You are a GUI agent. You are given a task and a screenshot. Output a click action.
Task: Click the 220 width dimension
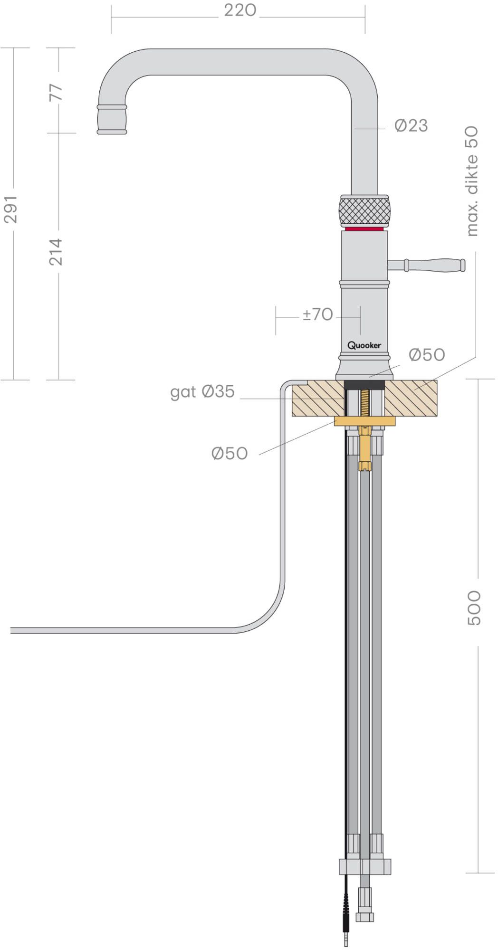(240, 10)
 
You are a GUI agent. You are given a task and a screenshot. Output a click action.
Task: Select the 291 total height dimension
(10, 209)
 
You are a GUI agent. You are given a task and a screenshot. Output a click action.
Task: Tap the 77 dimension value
(56, 92)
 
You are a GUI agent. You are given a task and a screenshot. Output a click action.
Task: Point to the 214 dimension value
(56, 252)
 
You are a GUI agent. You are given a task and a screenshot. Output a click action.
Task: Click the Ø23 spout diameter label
(411, 125)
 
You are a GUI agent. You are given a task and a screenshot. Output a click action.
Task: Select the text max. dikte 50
(472, 180)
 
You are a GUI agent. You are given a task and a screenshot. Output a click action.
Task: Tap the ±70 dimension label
(318, 314)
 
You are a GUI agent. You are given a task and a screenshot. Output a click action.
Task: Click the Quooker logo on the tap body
(364, 345)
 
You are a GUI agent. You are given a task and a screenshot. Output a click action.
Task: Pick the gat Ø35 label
(202, 392)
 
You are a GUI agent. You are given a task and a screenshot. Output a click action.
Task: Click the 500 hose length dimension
(474, 608)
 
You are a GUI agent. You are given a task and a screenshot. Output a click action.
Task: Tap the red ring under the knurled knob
(364, 229)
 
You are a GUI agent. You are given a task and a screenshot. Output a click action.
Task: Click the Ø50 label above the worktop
(427, 355)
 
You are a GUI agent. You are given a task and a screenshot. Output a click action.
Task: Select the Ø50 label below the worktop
(230, 454)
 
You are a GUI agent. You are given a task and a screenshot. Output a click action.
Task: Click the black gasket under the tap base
(364, 385)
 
